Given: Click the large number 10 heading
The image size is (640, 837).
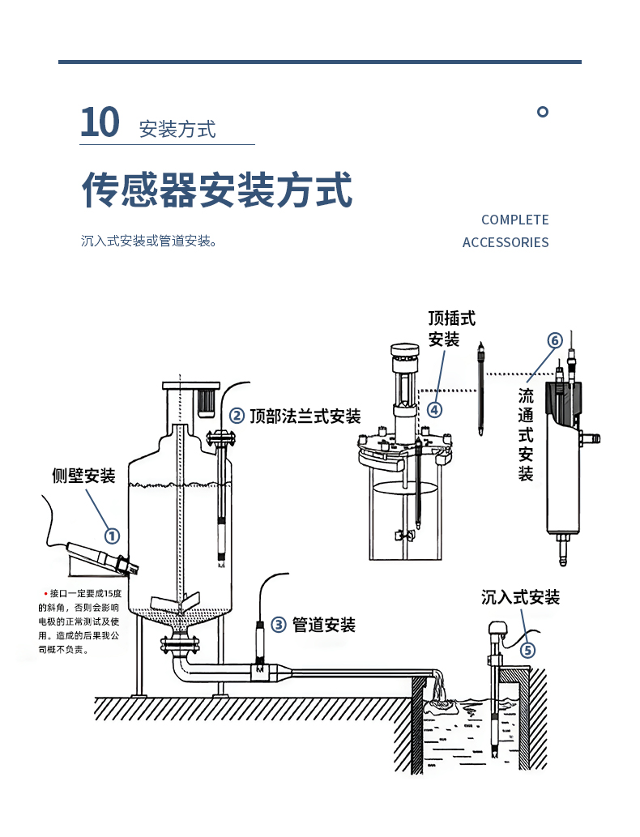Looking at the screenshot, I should [x=100, y=122].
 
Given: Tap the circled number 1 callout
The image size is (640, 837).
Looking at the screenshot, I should [x=112, y=536].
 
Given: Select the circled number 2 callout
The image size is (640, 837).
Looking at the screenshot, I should [x=237, y=416].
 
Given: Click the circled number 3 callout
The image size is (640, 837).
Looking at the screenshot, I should [x=278, y=625].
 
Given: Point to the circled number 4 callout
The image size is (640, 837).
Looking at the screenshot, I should [x=435, y=410].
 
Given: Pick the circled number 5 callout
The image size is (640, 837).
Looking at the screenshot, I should [x=527, y=650].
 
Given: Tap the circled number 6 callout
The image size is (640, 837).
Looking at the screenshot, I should [x=555, y=340].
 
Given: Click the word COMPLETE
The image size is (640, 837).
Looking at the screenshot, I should [x=514, y=220].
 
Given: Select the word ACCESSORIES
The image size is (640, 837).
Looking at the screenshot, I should [x=506, y=242].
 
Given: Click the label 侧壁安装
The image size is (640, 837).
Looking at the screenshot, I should [x=83, y=476].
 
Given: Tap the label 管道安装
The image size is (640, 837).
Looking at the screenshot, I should [x=323, y=625].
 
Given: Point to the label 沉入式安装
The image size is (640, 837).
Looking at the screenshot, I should [x=520, y=598].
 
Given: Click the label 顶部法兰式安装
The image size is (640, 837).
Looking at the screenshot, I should [x=305, y=416].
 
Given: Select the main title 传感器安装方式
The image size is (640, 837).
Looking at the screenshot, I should [x=217, y=190].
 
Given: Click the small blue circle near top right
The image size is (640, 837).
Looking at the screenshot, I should [x=543, y=112].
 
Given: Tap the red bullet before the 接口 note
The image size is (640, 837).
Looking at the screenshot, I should [x=45, y=594].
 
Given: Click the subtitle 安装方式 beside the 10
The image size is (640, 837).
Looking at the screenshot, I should [x=177, y=129].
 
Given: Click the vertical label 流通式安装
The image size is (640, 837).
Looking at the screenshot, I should [x=526, y=434].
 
